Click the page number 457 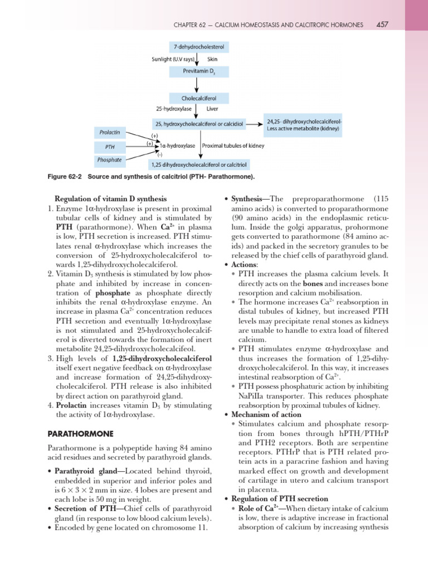point(382,25)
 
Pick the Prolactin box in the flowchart point(109,133)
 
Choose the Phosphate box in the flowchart point(109,159)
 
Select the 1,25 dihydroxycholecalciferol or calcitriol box point(199,165)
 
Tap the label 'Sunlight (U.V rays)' point(169,58)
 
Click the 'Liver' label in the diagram point(212,109)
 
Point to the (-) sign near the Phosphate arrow point(159,154)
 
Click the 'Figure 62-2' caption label point(65,177)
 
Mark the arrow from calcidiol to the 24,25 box point(257,124)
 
